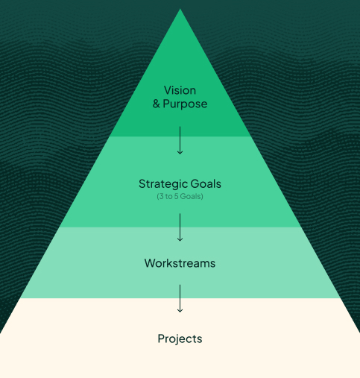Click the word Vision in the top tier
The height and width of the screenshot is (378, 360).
point(180,90)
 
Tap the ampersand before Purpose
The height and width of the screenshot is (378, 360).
point(156,104)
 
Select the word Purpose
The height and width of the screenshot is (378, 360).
point(185,104)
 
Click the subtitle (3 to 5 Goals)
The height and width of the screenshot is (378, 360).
point(180,196)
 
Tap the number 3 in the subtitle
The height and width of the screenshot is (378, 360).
point(162,196)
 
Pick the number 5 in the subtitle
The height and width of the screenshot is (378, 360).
point(176,196)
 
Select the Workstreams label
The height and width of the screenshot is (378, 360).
point(180,263)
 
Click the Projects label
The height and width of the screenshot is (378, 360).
point(180,339)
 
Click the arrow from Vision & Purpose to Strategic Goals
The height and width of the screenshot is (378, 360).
point(180,140)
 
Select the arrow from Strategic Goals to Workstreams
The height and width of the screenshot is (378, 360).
point(180,227)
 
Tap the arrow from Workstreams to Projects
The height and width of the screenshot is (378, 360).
point(180,298)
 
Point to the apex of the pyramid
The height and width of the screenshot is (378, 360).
point(180,9)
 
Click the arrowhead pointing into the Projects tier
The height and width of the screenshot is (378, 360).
point(180,310)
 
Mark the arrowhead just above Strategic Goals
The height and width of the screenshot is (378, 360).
point(180,153)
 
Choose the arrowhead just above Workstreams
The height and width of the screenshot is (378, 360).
point(180,239)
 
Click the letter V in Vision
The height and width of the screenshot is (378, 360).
point(168,90)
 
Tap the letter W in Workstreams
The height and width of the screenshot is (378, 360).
point(151,263)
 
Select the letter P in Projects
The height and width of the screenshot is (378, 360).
point(161,338)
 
